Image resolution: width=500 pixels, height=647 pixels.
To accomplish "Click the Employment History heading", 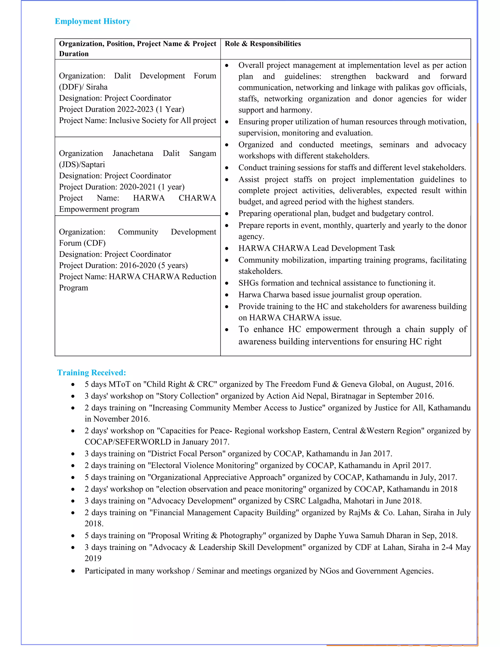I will tap(93, 21).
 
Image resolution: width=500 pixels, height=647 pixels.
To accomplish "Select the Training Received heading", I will tap(92, 372).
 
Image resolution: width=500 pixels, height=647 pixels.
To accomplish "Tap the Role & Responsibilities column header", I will tap(262, 44).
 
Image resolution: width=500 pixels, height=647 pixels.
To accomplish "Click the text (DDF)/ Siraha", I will tap(83, 87).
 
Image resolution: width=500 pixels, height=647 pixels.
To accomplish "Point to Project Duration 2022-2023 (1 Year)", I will tap(121, 109).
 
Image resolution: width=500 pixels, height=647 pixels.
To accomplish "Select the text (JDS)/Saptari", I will tap(82, 164).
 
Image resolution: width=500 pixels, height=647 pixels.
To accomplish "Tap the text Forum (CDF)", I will tap(82, 243).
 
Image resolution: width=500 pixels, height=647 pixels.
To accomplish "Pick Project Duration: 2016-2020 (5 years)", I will tap(123, 265).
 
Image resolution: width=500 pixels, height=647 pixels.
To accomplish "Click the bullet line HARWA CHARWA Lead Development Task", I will tap(316, 248).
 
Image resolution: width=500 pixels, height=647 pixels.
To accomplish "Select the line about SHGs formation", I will tap(336, 283).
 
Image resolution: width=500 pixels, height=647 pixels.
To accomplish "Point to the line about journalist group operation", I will tap(330, 295).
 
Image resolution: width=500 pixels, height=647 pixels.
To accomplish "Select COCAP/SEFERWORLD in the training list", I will tap(128, 442).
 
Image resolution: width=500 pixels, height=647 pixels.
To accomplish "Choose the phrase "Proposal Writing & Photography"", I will tap(207, 535).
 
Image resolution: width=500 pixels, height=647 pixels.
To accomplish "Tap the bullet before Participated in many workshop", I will tap(73, 571).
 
